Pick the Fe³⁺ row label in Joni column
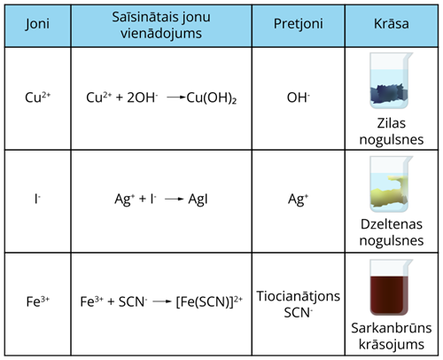coord(36,301)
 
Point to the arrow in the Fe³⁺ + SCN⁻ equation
coord(159,301)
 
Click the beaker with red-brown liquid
coord(392,286)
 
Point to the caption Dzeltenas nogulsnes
coord(392,233)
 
